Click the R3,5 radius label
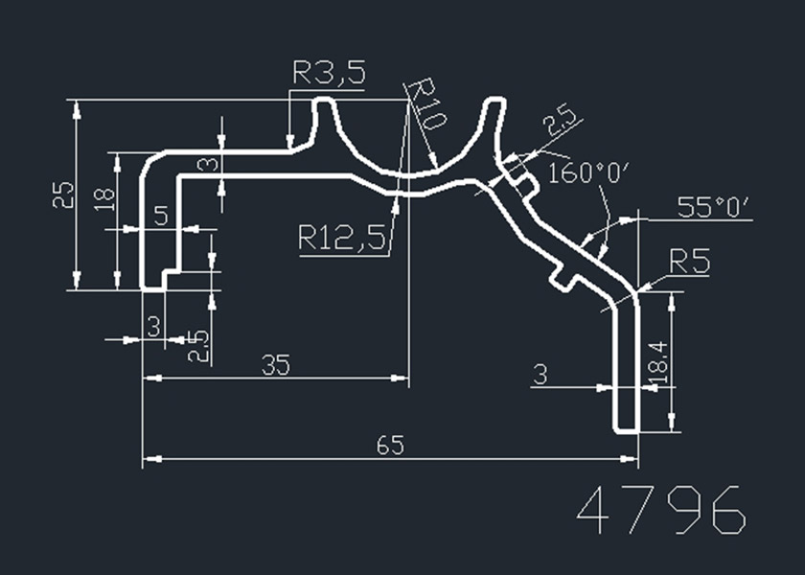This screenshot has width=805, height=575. [x=329, y=74]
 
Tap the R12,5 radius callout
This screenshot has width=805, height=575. [x=342, y=237]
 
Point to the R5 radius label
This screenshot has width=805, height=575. [x=689, y=262]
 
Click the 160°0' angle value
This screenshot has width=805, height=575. [x=588, y=172]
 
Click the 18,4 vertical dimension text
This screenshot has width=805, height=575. [x=656, y=366]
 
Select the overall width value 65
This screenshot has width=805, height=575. [x=390, y=446]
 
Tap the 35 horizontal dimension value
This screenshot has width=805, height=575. [x=275, y=365]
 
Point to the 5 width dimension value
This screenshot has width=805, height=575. [x=161, y=216]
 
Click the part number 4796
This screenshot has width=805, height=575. [x=661, y=511]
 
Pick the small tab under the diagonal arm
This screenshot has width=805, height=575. [x=562, y=278]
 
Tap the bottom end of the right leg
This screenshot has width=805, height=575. [x=626, y=426]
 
